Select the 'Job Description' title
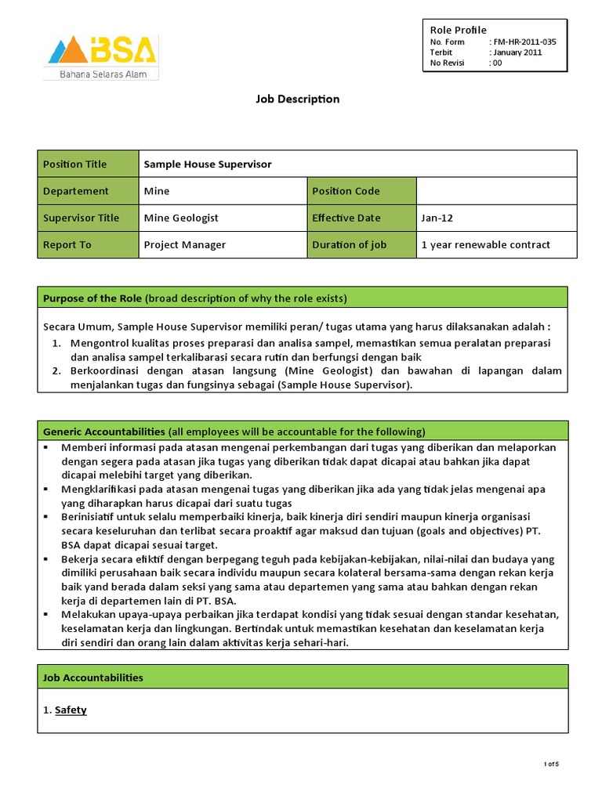(x=298, y=99)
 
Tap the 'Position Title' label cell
(x=88, y=164)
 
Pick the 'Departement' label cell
(x=88, y=191)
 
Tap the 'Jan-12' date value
(x=436, y=218)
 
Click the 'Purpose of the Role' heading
(x=92, y=298)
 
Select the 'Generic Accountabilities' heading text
(x=103, y=432)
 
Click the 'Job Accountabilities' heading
(x=93, y=677)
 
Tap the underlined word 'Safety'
(x=71, y=710)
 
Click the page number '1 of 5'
(x=552, y=764)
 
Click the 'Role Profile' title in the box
(x=459, y=30)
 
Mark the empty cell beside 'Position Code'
(x=496, y=191)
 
